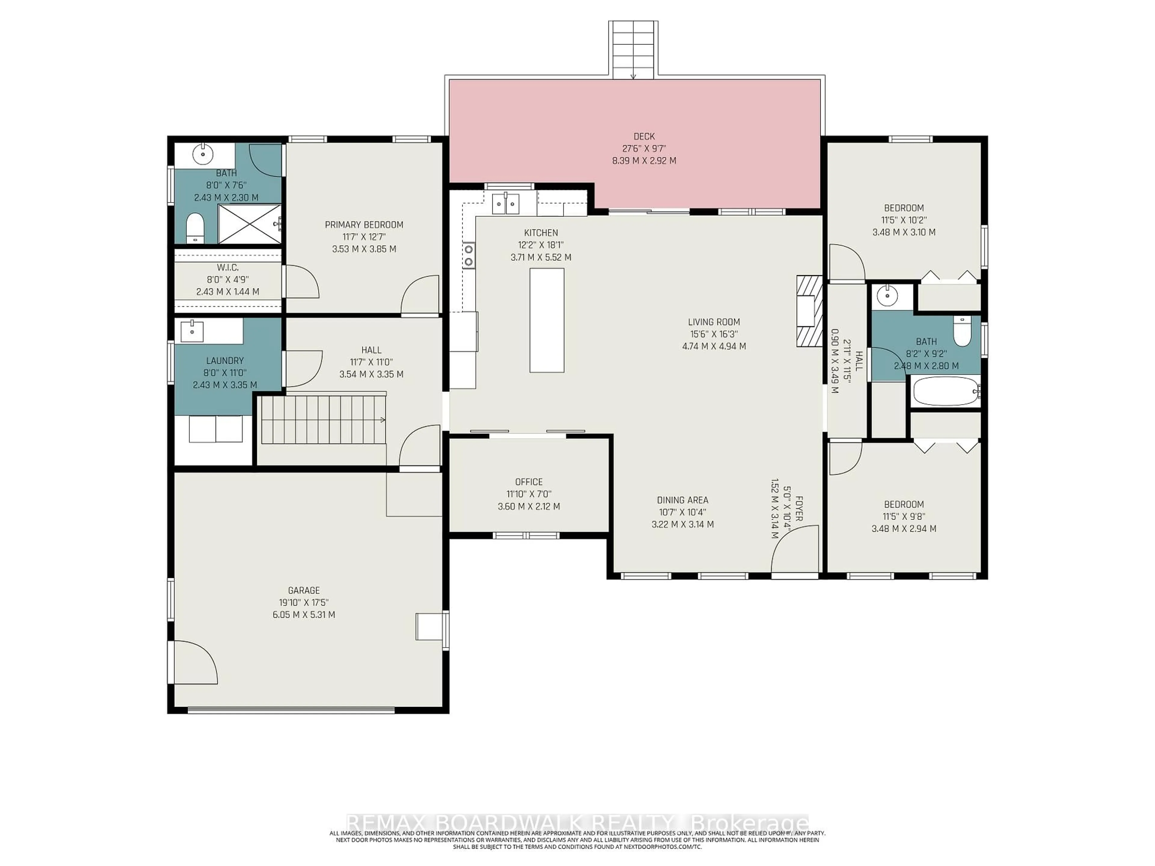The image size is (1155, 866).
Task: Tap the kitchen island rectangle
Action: point(547,320)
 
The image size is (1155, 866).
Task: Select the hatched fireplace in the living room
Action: point(808,311)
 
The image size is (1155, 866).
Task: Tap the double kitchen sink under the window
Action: point(505,203)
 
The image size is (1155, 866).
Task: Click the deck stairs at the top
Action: point(633,50)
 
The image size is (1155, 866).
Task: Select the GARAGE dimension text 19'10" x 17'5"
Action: point(303,602)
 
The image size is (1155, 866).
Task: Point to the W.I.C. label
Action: point(228,267)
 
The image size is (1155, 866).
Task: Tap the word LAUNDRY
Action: point(224,360)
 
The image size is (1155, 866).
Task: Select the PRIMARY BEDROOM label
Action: point(364,225)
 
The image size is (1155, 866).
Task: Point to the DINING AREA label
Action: point(682,500)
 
